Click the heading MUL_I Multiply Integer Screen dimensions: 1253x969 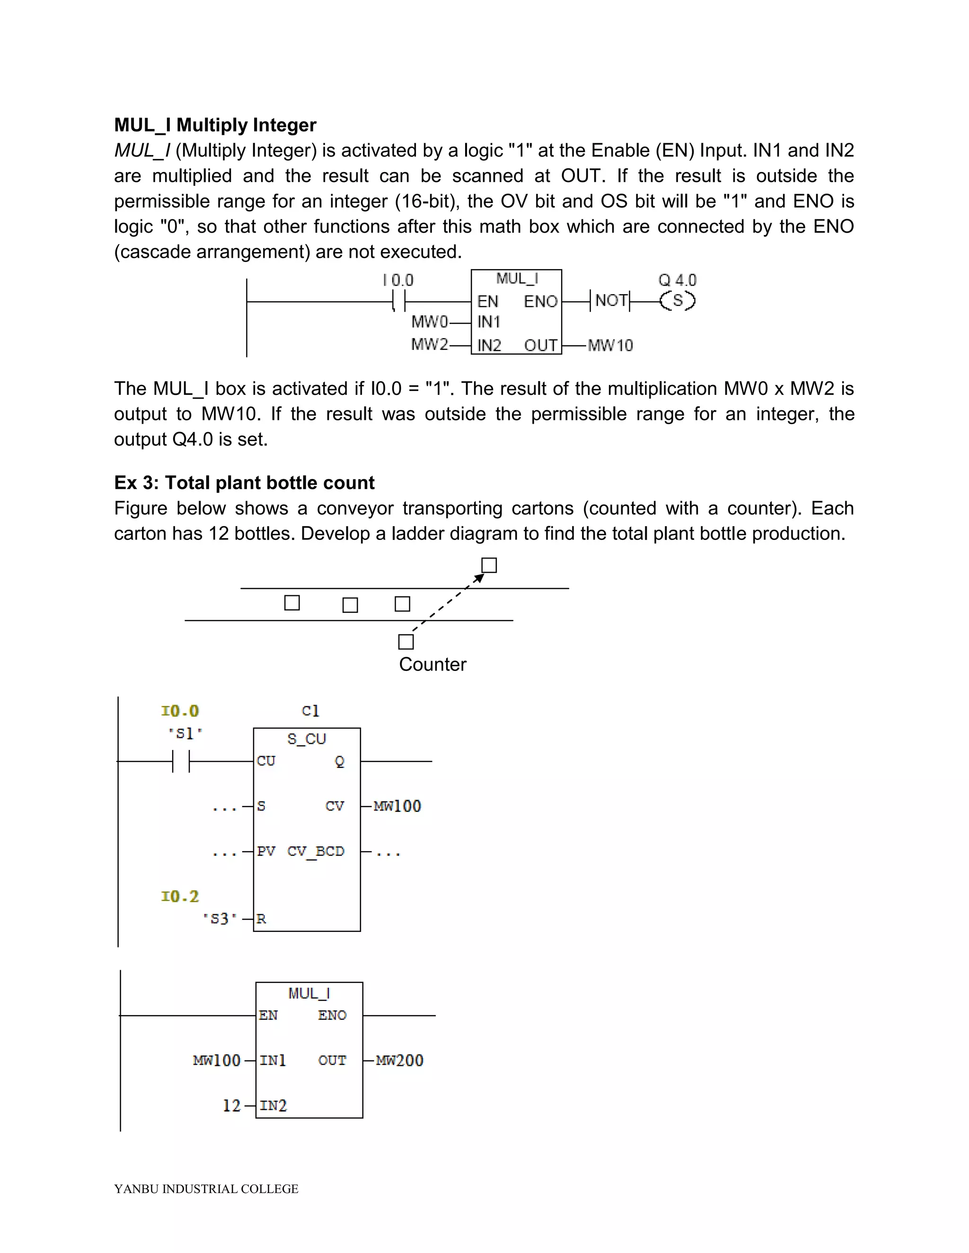click(x=215, y=125)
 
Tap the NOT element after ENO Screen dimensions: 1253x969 click(x=610, y=301)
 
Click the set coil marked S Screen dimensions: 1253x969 click(x=678, y=301)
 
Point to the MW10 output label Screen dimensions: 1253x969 click(x=610, y=345)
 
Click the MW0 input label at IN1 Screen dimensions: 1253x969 click(x=430, y=322)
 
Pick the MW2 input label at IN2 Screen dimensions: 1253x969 click(x=430, y=344)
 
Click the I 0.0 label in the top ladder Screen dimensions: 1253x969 click(x=398, y=280)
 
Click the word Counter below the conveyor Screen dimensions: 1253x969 click(x=432, y=664)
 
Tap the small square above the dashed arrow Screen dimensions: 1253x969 click(x=489, y=566)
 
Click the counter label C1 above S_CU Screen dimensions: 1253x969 click(x=310, y=711)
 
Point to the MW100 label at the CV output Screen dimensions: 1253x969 click(x=397, y=806)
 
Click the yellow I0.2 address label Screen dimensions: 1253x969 click(x=180, y=896)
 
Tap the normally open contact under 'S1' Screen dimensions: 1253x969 click(x=181, y=761)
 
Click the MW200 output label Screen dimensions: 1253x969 click(x=399, y=1060)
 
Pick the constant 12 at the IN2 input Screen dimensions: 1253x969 click(x=231, y=1105)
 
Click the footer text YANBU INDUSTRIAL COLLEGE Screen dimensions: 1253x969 click(x=206, y=1189)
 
